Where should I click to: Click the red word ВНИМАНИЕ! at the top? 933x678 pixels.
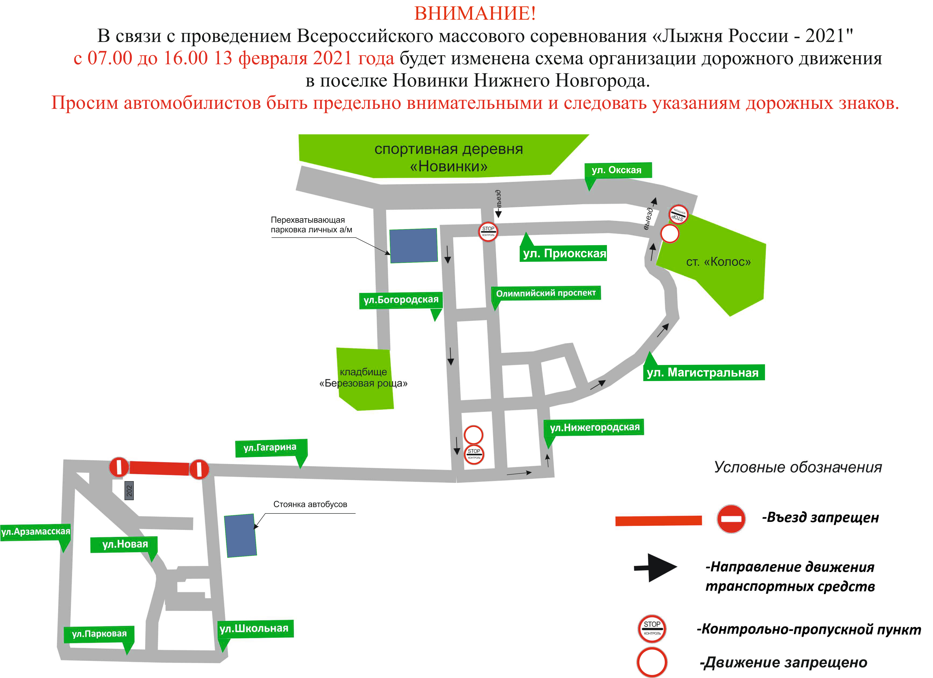(475, 14)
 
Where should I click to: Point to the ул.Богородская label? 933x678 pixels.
(401, 300)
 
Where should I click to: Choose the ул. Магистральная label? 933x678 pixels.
(704, 372)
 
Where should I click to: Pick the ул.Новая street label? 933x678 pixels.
(125, 544)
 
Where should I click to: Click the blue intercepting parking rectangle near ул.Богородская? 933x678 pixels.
(413, 246)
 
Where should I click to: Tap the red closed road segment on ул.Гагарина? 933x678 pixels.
(159, 468)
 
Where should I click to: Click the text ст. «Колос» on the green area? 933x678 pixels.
(718, 262)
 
